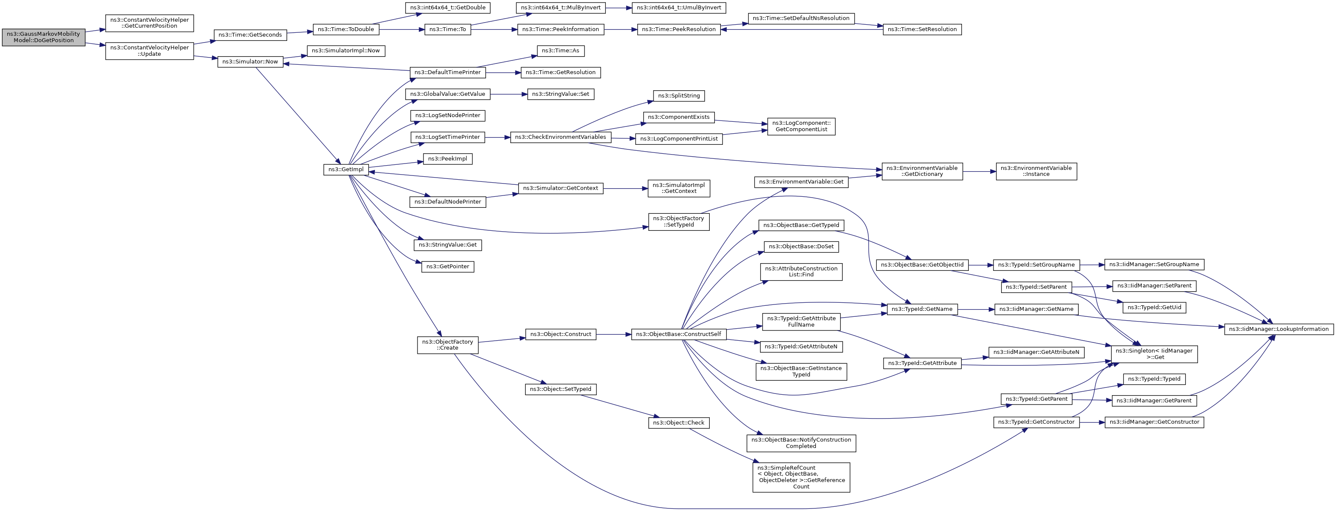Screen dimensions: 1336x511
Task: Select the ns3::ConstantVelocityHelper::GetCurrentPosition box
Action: click(150, 23)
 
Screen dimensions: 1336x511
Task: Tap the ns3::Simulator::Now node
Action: click(250, 62)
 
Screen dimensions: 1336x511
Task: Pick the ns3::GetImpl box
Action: click(346, 169)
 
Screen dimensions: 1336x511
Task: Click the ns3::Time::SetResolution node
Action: click(922, 29)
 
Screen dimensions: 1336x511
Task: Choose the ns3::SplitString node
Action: click(679, 96)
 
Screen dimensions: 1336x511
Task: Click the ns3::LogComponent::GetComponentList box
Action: click(801, 126)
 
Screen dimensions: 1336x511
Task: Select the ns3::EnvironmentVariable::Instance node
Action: click(1036, 172)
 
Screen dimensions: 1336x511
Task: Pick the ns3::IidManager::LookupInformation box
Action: click(1279, 329)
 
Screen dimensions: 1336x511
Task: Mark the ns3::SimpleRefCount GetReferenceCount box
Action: click(801, 477)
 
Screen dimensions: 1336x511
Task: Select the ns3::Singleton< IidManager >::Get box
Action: click(1155, 354)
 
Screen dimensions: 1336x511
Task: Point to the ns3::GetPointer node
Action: click(448, 267)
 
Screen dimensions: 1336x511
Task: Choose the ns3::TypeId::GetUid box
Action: click(1155, 307)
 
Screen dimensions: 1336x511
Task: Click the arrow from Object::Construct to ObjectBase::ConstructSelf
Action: click(613, 334)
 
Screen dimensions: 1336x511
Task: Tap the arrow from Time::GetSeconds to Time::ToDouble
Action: click(300, 33)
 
